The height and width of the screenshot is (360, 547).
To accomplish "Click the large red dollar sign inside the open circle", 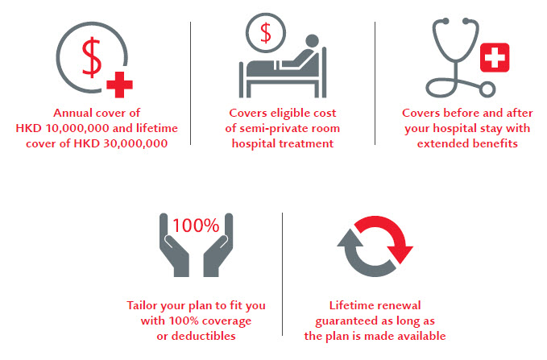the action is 92,57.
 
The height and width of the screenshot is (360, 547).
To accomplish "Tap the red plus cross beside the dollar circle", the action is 119,85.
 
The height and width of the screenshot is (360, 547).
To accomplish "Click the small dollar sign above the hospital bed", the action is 266,33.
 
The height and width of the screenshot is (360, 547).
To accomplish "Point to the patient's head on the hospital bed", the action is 312,40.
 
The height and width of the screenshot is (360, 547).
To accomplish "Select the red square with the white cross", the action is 495,57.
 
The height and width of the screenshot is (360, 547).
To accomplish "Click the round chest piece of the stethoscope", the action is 487,89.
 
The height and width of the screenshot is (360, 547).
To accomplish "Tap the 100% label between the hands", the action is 196,226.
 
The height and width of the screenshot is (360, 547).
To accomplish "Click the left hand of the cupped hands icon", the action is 174,245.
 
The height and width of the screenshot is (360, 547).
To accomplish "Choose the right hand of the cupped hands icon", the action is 218,245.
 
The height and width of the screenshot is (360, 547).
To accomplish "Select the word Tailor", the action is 139,305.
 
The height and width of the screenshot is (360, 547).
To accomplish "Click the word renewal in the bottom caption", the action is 399,305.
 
